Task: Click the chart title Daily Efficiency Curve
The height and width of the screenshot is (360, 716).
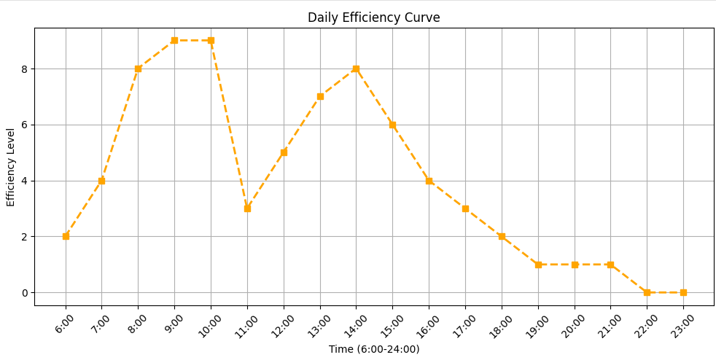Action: [373, 17]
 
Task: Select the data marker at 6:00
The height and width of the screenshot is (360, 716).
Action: [66, 236]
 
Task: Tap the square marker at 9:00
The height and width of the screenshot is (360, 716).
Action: [174, 41]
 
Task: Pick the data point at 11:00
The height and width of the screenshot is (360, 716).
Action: [247, 208]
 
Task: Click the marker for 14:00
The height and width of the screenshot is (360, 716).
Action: [356, 69]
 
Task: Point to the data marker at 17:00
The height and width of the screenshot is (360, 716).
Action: [465, 208]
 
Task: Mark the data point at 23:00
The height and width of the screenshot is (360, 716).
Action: [683, 292]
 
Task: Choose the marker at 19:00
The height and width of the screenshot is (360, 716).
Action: [538, 265]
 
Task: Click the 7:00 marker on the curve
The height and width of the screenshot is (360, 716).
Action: [102, 181]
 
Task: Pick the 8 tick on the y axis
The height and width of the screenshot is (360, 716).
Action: [26, 69]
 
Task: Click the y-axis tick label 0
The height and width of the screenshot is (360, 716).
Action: [26, 292]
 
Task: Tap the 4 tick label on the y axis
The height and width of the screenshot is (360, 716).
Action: [26, 181]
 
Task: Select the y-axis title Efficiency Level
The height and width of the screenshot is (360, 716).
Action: [10, 167]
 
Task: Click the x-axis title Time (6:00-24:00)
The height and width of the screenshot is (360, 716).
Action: [374, 350]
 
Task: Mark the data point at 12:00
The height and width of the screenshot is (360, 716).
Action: [284, 152]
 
